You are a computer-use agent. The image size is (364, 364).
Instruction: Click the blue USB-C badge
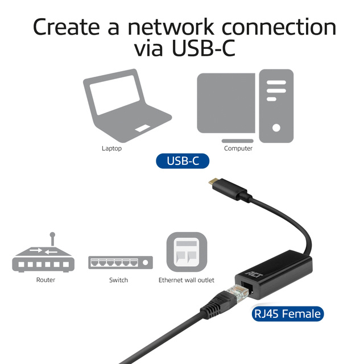click(183, 161)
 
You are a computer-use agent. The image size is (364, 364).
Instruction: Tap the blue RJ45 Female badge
click(287, 313)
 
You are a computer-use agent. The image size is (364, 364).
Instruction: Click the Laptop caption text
click(111, 148)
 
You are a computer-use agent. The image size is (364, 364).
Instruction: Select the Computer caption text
click(238, 148)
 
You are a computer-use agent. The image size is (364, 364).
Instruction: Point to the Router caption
click(45, 280)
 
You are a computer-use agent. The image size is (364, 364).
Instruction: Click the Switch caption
click(118, 280)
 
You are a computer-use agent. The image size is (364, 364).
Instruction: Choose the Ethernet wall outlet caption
click(187, 280)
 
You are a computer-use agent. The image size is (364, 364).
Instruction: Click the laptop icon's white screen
click(115, 95)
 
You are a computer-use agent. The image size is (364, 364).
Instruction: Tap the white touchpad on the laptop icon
click(143, 129)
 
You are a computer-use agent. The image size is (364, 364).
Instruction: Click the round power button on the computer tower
click(276, 127)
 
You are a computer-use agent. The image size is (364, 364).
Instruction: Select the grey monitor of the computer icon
click(226, 103)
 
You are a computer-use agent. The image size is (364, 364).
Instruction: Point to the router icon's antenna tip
click(53, 235)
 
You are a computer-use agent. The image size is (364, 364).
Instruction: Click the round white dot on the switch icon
click(146, 263)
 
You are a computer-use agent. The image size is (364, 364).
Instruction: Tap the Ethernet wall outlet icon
click(187, 252)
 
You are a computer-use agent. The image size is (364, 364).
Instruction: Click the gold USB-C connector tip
click(212, 181)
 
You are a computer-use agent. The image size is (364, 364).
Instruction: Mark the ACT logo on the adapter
click(254, 274)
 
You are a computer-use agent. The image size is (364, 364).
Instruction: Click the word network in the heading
click(171, 27)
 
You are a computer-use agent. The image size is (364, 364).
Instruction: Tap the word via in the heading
click(148, 48)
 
